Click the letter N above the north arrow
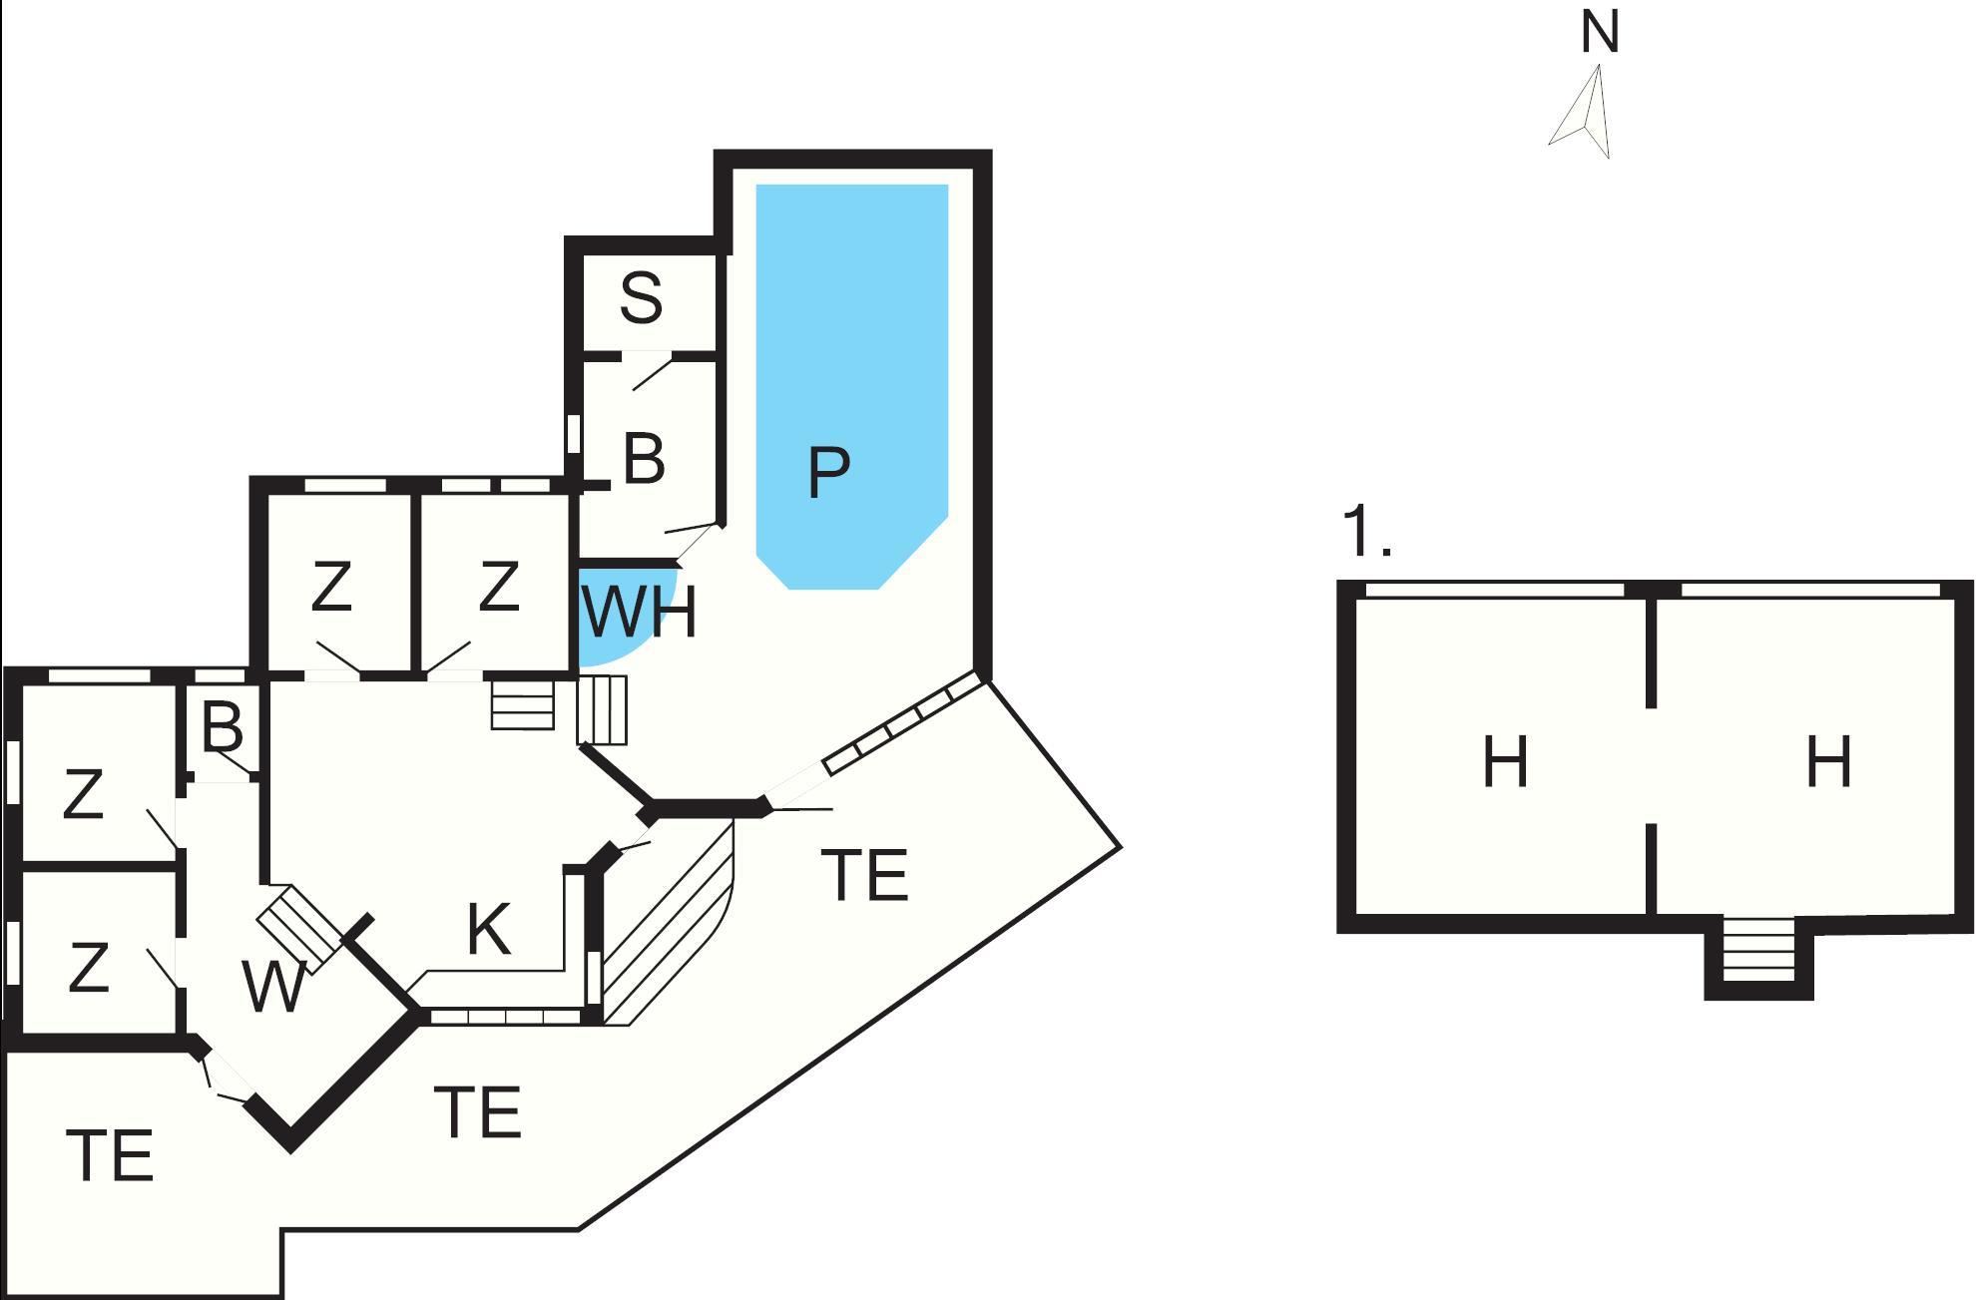(1600, 33)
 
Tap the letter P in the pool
(828, 472)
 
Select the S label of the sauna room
(641, 297)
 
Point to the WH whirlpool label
(639, 613)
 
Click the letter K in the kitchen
(489, 930)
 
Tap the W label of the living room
(273, 987)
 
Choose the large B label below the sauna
(644, 459)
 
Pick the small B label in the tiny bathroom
(222, 727)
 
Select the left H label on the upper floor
(1505, 762)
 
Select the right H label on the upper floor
(1829, 762)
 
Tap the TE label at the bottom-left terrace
(110, 1155)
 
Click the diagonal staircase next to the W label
(299, 928)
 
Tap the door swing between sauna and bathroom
(651, 372)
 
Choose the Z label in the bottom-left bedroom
(88, 967)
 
